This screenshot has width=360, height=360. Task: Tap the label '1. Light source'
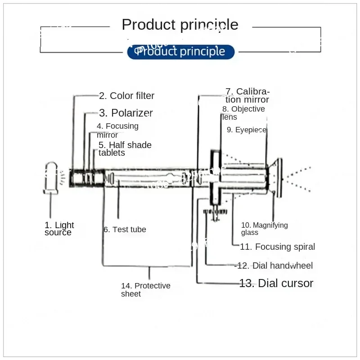pyautogui.click(x=59, y=229)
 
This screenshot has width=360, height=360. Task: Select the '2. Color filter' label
pyautogui.click(x=126, y=95)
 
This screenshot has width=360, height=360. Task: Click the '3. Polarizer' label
pyautogui.click(x=126, y=113)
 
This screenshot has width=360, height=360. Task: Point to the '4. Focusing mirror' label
pyautogui.click(x=117, y=130)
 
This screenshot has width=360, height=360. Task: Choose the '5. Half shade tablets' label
pyautogui.click(x=125, y=149)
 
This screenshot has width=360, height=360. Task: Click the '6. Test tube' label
pyautogui.click(x=125, y=229)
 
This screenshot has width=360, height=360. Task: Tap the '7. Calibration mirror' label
pyautogui.click(x=247, y=95)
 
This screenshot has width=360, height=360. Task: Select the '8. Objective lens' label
pyautogui.click(x=243, y=113)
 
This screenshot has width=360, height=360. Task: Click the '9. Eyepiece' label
pyautogui.click(x=247, y=130)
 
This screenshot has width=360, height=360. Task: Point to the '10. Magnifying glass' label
pyautogui.click(x=264, y=229)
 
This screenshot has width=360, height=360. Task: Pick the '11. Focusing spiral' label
pyautogui.click(x=277, y=247)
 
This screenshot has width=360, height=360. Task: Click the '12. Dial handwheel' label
pyautogui.click(x=274, y=265)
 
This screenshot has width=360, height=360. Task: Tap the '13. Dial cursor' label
pyautogui.click(x=276, y=283)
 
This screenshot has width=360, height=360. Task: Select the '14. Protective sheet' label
pyautogui.click(x=145, y=290)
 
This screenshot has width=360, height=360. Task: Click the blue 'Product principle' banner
pyautogui.click(x=181, y=52)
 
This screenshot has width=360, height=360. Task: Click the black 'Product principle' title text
pyautogui.click(x=180, y=24)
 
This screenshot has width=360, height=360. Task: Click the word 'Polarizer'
pyautogui.click(x=132, y=113)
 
